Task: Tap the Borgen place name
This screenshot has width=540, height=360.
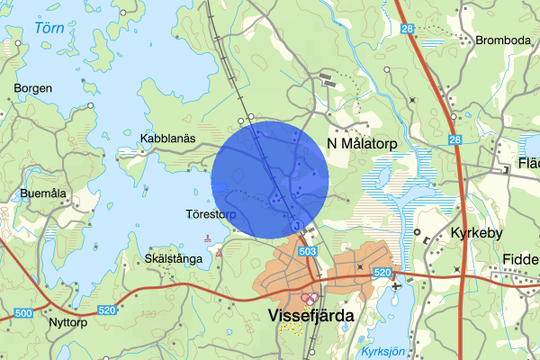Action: click(32, 88)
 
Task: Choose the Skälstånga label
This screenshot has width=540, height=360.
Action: click(173, 257)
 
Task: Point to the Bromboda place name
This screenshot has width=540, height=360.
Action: click(504, 40)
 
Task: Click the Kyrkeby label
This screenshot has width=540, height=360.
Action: click(472, 232)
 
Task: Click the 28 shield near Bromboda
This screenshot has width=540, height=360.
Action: click(407, 30)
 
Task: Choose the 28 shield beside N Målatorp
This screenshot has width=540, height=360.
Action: click(455, 139)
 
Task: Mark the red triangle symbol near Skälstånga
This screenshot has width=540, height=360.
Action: click(219, 253)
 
